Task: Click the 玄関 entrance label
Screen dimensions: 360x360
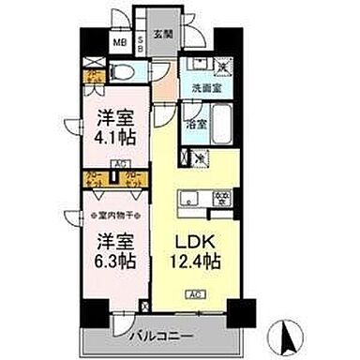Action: tap(163, 35)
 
